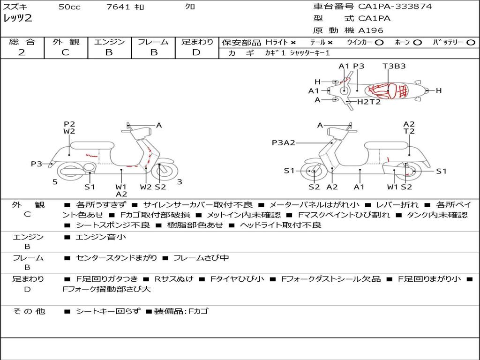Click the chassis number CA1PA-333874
[395, 7]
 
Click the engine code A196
[370, 30]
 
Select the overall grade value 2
[22, 52]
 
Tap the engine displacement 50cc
[69, 7]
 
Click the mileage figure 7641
[118, 7]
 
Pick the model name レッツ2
[18, 18]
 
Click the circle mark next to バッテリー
[471, 43]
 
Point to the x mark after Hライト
[293, 43]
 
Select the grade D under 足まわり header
[196, 52]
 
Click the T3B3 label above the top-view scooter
[394, 66]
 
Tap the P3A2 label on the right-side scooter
[284, 142]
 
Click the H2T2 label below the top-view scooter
[369, 102]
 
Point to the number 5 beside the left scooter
[55, 182]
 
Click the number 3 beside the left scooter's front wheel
[180, 182]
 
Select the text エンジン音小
[101, 237]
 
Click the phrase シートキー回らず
[108, 311]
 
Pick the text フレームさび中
[201, 258]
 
